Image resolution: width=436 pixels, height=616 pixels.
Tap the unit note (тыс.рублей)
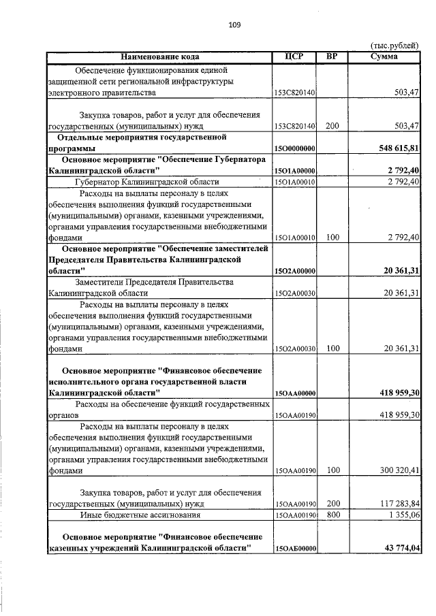pos(394,45)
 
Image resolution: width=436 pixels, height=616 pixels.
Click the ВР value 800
pos(332,516)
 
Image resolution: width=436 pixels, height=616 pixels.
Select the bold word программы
pos(72,148)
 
